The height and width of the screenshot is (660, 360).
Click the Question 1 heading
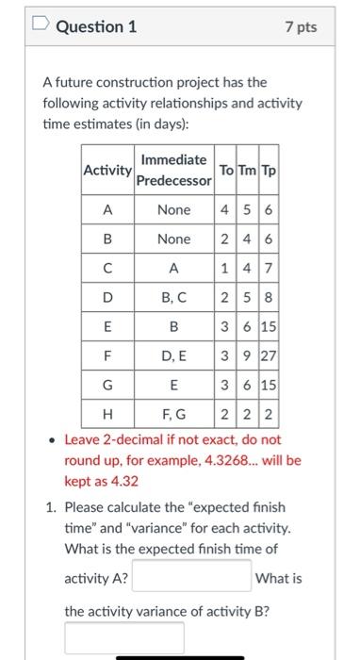point(96,27)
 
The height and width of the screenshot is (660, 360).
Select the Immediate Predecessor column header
point(173,171)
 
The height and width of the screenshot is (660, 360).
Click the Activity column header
point(107,171)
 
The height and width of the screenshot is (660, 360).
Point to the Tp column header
point(268,171)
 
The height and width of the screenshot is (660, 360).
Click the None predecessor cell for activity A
point(173,210)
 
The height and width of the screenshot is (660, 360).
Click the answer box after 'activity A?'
point(191,577)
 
